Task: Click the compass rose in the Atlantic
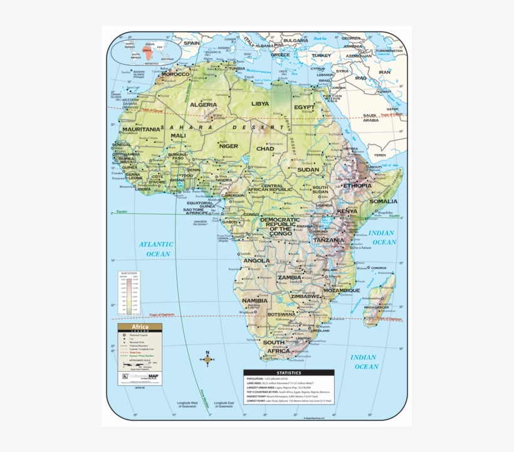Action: (x=207, y=359)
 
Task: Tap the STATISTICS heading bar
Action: (x=288, y=372)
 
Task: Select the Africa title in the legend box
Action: (x=139, y=327)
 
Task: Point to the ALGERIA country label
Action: (x=204, y=105)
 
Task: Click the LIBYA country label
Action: (x=260, y=103)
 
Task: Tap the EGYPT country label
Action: (x=305, y=107)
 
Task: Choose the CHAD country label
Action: (x=265, y=149)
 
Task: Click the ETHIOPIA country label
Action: (x=357, y=185)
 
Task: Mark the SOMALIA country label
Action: (x=383, y=202)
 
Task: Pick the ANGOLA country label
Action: (x=256, y=260)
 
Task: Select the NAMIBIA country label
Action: (x=255, y=300)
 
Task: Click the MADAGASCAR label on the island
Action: (x=377, y=307)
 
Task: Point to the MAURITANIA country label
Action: (x=141, y=129)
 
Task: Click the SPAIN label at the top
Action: (x=191, y=43)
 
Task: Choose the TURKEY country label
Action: (x=322, y=55)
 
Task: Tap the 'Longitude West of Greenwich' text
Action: (x=187, y=404)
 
